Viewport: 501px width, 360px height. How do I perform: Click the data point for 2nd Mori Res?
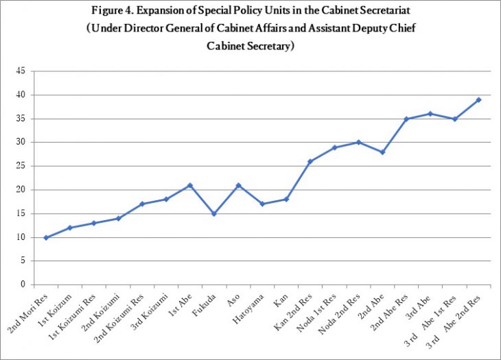click(46, 237)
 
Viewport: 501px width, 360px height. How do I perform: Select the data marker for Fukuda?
click(214, 214)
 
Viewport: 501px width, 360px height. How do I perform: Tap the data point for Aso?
click(238, 185)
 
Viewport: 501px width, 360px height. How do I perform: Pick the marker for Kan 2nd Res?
click(310, 162)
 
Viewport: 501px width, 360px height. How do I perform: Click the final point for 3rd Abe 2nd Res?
click(478, 99)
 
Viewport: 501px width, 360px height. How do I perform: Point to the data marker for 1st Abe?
click(190, 185)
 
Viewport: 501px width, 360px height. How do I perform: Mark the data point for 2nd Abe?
click(382, 152)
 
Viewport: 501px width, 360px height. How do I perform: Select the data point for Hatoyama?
click(262, 204)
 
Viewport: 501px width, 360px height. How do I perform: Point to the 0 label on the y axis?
click(23, 285)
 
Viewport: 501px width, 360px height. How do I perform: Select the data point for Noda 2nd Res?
click(358, 143)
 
